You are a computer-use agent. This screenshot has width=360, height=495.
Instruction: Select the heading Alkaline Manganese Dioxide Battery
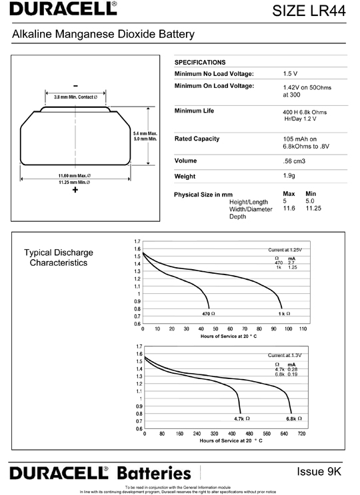[103, 33]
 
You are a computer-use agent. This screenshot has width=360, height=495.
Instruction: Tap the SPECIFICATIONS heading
[200, 62]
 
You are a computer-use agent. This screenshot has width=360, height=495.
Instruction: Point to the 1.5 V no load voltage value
[290, 73]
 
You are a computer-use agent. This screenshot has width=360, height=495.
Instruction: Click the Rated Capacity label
[197, 139]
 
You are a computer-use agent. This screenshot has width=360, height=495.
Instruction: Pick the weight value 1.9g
[291, 176]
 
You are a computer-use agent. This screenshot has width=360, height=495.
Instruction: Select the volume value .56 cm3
[295, 161]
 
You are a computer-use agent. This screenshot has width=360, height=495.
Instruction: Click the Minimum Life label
[194, 111]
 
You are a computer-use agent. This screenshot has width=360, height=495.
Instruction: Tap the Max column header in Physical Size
[289, 194]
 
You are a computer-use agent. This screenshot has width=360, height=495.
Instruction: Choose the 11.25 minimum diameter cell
[313, 209]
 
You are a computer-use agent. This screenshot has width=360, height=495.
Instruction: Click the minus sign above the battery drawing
[75, 86]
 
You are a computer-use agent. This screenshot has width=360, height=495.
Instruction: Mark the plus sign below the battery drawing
[75, 191]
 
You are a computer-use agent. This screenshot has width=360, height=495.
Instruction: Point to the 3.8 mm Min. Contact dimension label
[76, 97]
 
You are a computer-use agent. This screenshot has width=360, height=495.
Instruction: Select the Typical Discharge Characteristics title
[59, 258]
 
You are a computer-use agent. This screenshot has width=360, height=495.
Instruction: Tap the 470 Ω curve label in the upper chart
[209, 313]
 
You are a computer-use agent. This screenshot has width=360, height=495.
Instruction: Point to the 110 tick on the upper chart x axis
[303, 329]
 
